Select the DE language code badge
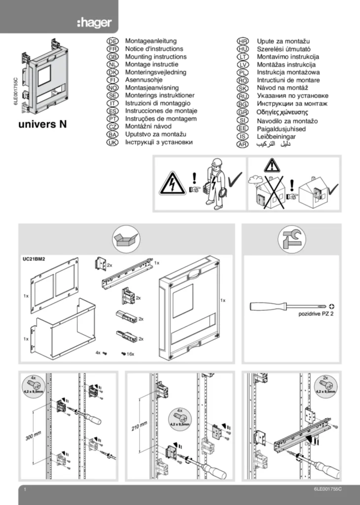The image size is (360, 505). point(112,41)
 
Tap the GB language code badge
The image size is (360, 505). point(112,57)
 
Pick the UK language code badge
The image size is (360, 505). point(112,142)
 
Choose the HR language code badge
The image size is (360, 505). point(242,41)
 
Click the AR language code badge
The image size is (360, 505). point(242,144)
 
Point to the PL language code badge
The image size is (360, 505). point(242,72)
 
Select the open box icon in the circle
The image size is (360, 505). point(126,240)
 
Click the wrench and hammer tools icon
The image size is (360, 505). point(291,240)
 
